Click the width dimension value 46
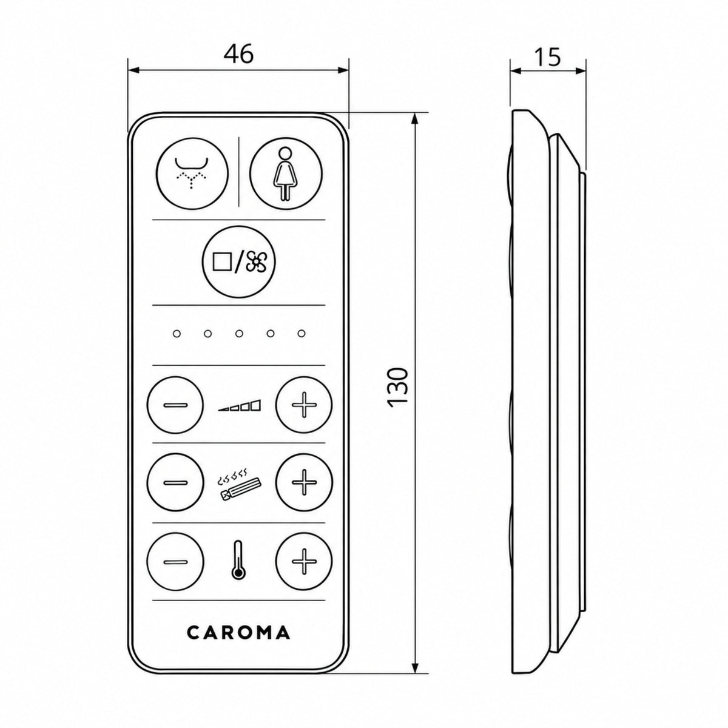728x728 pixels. (x=238, y=55)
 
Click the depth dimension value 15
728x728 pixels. (x=547, y=57)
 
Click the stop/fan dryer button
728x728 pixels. (x=239, y=263)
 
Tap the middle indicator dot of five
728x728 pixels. (x=239, y=334)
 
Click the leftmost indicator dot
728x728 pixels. (x=177, y=334)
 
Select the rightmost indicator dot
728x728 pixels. (x=301, y=334)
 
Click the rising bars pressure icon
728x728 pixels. (x=240, y=405)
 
